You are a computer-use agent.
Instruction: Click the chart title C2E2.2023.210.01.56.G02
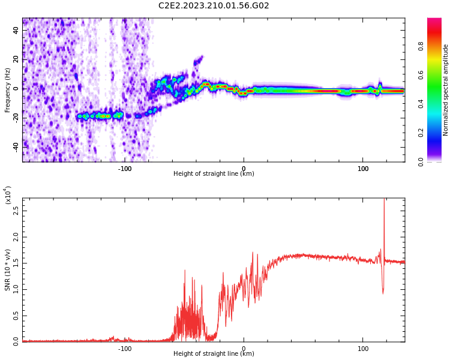click(214, 6)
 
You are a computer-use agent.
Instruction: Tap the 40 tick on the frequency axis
click(16, 31)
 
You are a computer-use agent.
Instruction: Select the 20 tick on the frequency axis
click(16, 60)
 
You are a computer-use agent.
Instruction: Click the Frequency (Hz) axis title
click(8, 90)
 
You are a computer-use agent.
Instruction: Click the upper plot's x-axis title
click(214, 174)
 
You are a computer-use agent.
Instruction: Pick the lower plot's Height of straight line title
click(214, 354)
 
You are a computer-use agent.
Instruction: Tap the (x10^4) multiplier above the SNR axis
click(8, 195)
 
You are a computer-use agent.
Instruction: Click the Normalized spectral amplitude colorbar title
click(446, 90)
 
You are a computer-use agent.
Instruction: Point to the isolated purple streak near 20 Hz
click(198, 61)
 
